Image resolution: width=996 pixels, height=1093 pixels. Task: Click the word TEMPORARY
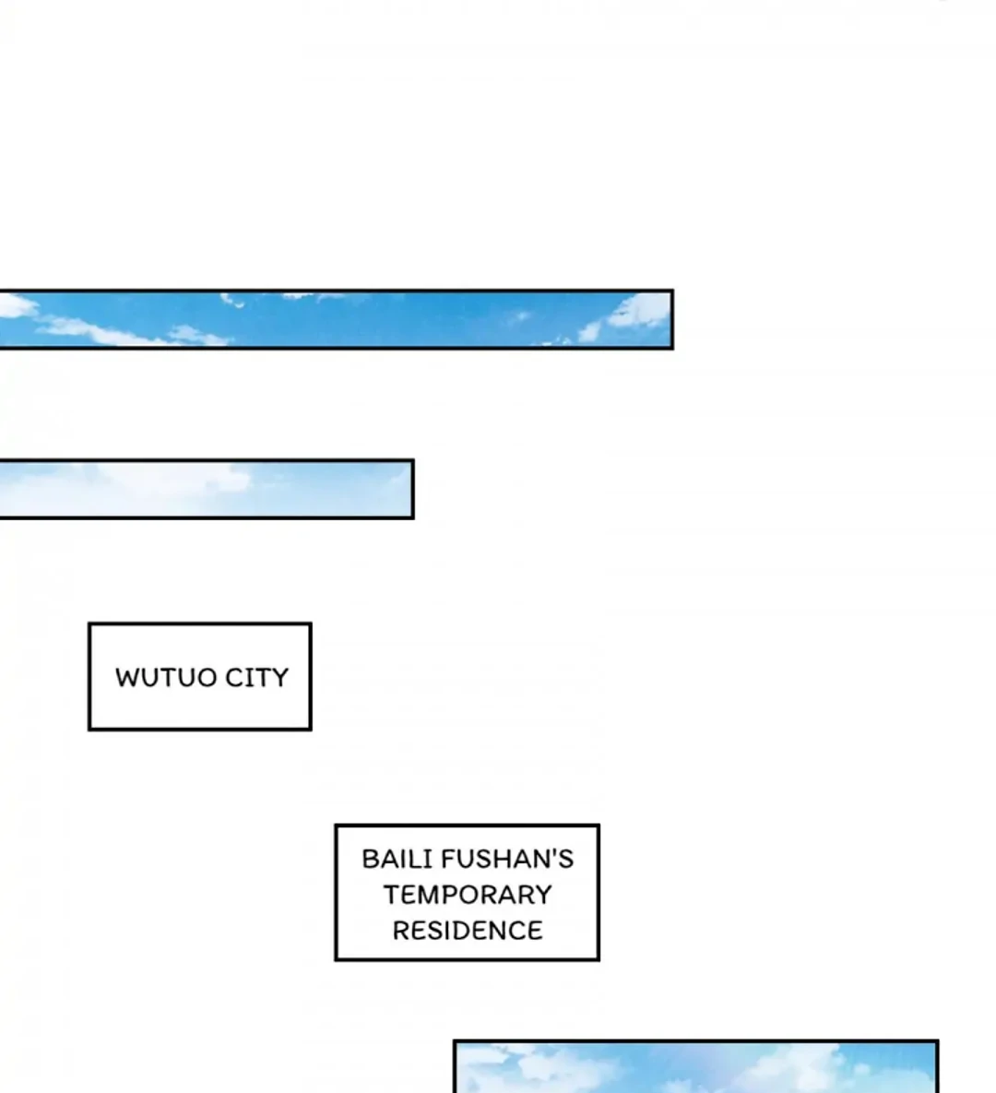pos(468,895)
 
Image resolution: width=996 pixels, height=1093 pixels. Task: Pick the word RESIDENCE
pos(468,931)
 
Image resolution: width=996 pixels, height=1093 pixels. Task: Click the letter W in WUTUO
pos(127,678)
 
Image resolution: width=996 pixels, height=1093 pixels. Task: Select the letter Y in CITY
pos(280,678)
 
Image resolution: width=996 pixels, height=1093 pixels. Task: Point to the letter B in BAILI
pos(369,860)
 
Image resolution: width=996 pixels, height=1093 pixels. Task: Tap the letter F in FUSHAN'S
pos(448,860)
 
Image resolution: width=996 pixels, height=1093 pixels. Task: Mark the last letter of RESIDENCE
pos(534,931)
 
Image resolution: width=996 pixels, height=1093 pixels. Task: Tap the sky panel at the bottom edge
pos(696,1068)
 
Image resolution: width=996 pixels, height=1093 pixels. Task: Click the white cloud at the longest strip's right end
pos(641,312)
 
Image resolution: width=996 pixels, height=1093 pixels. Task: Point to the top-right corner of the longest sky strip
pos(671,292)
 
